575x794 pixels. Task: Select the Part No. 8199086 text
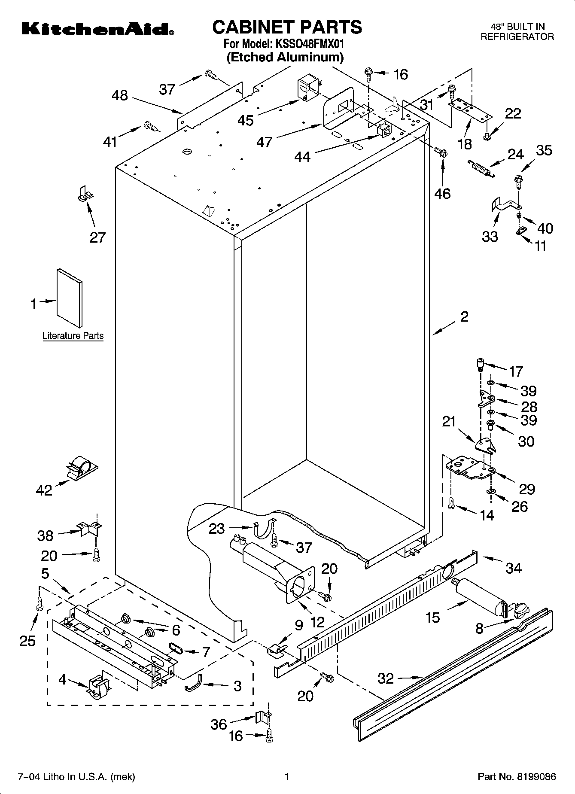tap(517, 776)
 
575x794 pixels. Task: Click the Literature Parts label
tap(73, 336)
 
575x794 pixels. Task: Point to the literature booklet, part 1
tap(69, 298)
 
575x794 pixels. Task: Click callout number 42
tap(44, 490)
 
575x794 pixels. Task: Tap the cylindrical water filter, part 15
tap(479, 596)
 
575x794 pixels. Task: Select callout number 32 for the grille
tap(386, 678)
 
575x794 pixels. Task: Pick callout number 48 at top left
tap(120, 95)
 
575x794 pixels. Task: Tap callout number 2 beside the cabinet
tap(464, 316)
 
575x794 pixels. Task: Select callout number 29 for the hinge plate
tap(527, 489)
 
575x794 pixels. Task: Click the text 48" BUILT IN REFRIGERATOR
tap(517, 32)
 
